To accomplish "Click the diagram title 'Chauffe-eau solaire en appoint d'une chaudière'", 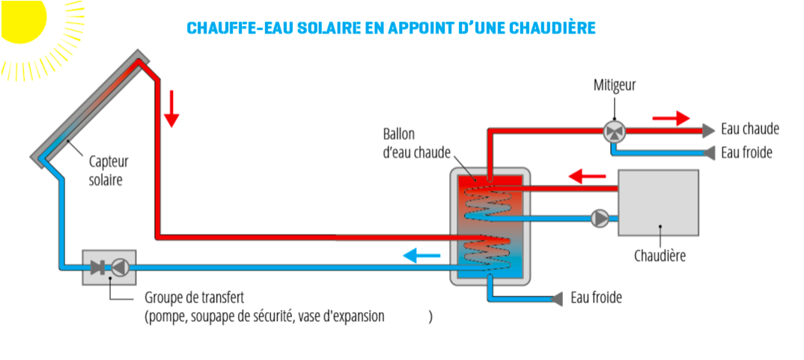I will pyautogui.click(x=391, y=28).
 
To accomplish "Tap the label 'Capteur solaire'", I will pyautogui.click(x=109, y=170).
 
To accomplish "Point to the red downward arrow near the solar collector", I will pyautogui.click(x=172, y=109).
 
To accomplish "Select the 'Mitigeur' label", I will pyautogui.click(x=614, y=85).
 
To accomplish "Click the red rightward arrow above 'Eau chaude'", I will pyautogui.click(x=670, y=118).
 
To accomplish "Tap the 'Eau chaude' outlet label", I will pyautogui.click(x=749, y=129).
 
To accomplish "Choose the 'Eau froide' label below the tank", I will pyautogui.click(x=596, y=298).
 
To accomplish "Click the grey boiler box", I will pyautogui.click(x=658, y=203).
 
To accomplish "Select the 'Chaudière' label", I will pyautogui.click(x=660, y=256).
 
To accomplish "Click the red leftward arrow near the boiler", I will pyautogui.click(x=587, y=177).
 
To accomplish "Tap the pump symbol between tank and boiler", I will pyautogui.click(x=600, y=218).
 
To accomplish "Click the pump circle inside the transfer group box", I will pyautogui.click(x=121, y=267).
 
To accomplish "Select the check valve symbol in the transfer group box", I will pyautogui.click(x=98, y=267).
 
